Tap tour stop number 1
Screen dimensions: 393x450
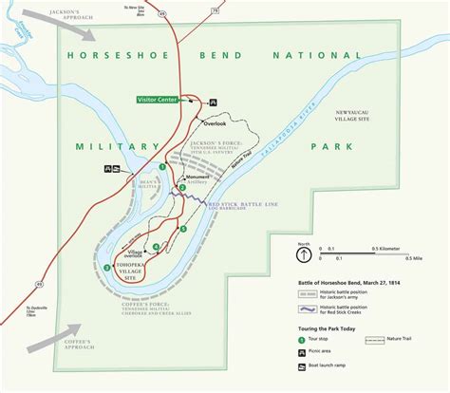(162, 166)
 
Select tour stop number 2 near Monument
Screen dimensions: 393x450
(182, 187)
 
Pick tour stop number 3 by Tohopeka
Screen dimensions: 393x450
(107, 267)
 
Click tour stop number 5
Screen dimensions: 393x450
(183, 229)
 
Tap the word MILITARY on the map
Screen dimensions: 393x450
(107, 146)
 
